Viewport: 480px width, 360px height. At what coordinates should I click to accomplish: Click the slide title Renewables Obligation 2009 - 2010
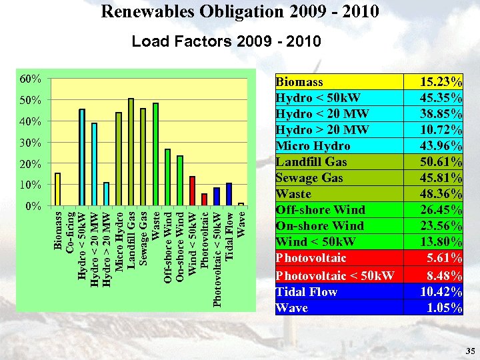240,11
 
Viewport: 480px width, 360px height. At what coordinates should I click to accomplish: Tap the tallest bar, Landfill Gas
131,152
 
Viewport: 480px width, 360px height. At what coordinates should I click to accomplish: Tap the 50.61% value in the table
441,162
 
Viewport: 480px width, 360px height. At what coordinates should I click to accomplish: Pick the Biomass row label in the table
299,82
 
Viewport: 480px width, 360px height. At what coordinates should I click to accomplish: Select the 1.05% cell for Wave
445,307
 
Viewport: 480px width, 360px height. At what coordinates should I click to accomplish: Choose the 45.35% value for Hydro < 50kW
441,98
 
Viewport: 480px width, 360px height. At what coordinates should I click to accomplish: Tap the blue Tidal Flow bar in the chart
229,194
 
